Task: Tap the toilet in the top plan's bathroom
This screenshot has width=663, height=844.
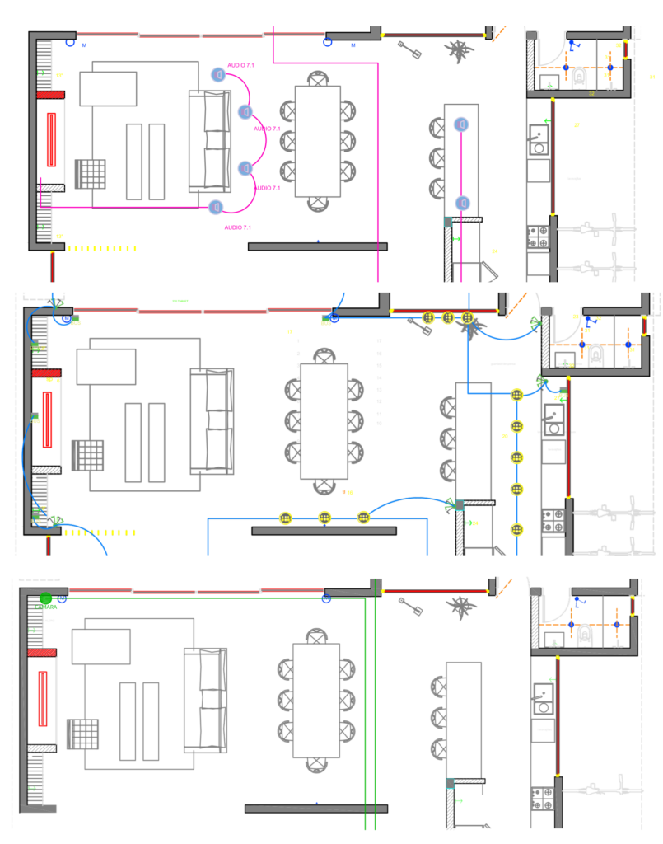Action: pos(579,77)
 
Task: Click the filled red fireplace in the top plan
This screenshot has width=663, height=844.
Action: pos(51,139)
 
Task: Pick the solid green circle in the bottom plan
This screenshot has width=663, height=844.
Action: pos(46,599)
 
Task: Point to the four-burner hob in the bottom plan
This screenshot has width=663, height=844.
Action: pos(542,798)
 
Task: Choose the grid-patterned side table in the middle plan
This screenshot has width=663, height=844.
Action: pos(87,455)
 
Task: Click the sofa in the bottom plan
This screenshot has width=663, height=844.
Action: pos(205,700)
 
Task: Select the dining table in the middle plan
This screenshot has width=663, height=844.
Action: pos(324,421)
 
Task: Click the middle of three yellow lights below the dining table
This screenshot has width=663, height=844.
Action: pos(324,518)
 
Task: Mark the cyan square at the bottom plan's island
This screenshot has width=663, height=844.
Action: pos(450,783)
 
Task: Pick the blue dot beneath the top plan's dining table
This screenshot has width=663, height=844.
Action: pos(318,241)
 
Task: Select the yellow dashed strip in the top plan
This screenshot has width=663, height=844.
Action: pos(101,248)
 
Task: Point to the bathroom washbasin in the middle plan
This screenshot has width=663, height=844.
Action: pos(567,360)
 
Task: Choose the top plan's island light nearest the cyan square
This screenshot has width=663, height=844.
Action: pos(462,203)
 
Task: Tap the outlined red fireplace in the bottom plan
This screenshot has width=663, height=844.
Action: pos(42,699)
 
